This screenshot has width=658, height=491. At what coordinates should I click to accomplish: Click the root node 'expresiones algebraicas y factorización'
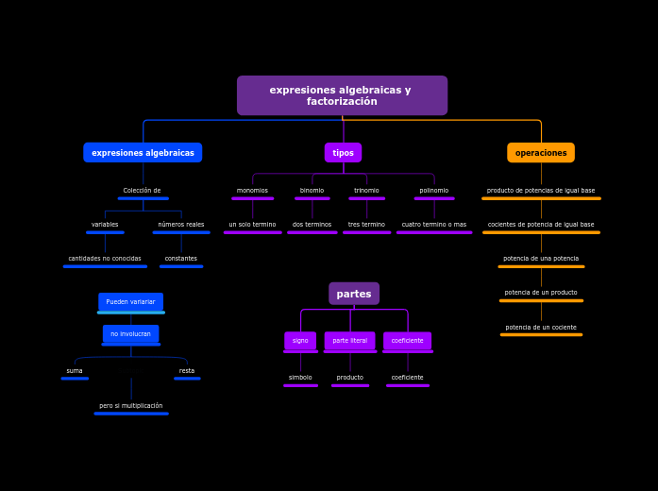coord(342,95)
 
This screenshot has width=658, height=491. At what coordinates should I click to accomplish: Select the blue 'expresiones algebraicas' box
coord(143,153)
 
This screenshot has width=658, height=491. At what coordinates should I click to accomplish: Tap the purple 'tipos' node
coord(343,153)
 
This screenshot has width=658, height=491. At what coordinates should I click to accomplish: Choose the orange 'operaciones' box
coord(541,153)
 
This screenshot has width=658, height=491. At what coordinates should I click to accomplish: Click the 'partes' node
coord(354,294)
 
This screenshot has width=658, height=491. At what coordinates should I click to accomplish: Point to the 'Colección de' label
coord(143,191)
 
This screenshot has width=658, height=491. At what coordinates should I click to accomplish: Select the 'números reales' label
coord(181,225)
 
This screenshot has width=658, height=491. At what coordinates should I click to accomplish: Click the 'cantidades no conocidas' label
coord(105,259)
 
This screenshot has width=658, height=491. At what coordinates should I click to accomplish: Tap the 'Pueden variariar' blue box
coord(130,302)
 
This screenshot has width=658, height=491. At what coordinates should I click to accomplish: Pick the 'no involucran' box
coord(130,334)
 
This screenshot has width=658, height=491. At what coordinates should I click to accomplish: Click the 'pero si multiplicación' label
coord(131,406)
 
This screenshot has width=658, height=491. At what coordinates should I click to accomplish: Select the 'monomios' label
coord(252,191)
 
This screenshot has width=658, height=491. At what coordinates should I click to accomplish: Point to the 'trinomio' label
coord(366,191)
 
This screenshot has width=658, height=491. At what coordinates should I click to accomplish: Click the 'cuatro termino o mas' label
coord(434,225)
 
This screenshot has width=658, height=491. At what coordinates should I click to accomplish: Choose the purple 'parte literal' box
coord(349,341)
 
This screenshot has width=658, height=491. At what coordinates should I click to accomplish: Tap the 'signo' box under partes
coord(300,341)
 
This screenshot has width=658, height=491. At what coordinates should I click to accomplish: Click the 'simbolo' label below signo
coord(300,378)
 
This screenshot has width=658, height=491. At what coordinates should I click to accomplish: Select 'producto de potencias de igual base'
coord(541,191)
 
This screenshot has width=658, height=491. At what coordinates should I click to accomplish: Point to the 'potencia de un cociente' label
coord(541,328)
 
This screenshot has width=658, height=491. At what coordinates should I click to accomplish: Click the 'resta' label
coord(187,371)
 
